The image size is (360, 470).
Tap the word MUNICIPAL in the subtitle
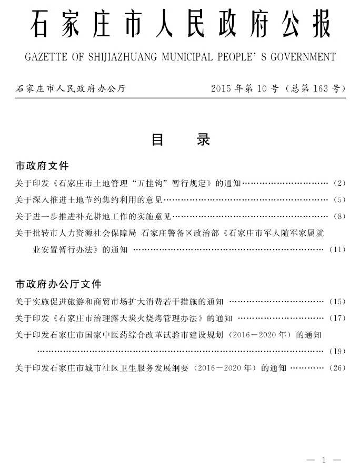pos(198,56)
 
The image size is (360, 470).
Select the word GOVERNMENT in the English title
pos(303,56)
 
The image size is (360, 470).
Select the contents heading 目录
pos(181,140)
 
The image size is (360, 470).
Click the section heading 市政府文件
pos(42,166)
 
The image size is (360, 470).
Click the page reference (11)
pos(337,249)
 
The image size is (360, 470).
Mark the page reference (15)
pos(337,302)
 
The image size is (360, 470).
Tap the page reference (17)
pos(337,318)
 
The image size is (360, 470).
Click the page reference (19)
pos(337,351)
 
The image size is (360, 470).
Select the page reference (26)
pos(337,368)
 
